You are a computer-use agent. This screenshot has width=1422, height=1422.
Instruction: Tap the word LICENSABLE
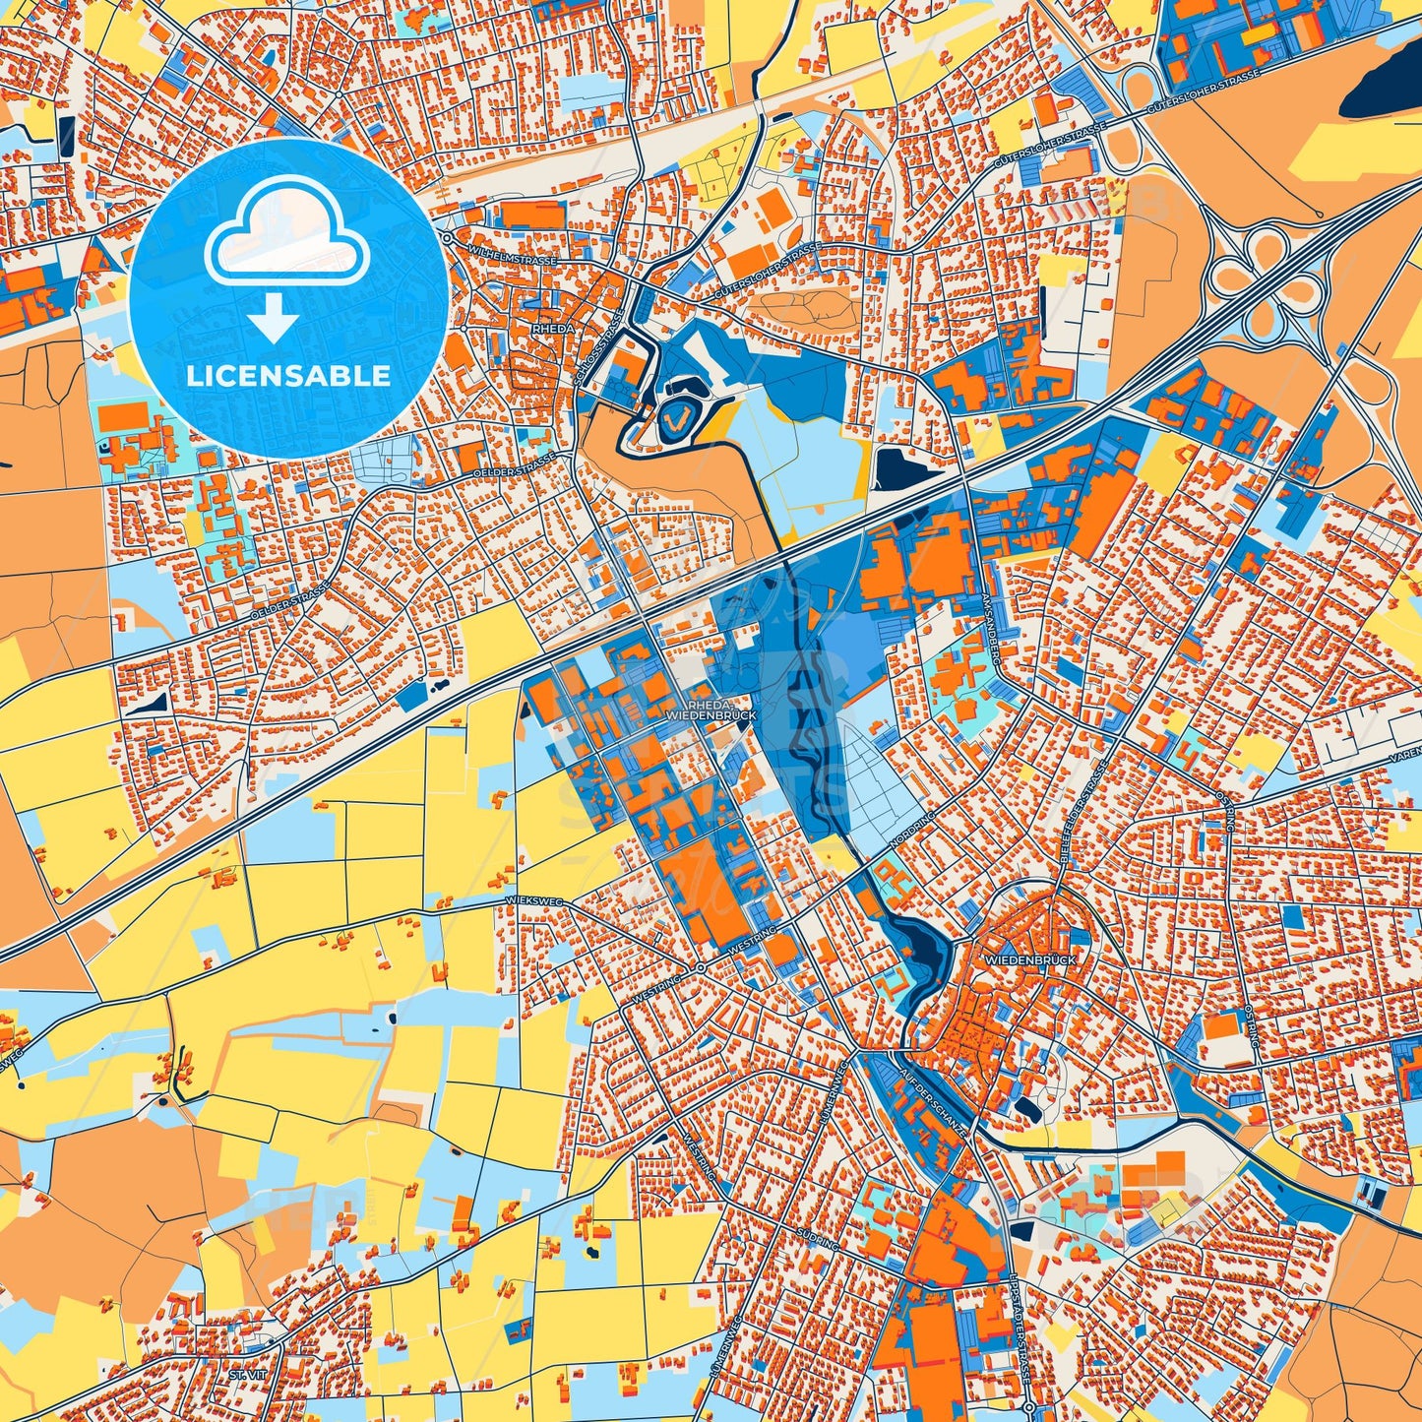click(288, 376)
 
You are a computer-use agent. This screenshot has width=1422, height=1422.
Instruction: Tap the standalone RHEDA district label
click(552, 329)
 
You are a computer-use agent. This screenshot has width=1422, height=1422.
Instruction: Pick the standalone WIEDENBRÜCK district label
click(1030, 958)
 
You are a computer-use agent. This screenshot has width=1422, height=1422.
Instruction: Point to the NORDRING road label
click(910, 831)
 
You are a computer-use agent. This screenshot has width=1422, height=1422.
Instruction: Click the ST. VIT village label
click(241, 1373)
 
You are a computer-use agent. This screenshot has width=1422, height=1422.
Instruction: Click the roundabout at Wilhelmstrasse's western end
click(447, 237)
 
